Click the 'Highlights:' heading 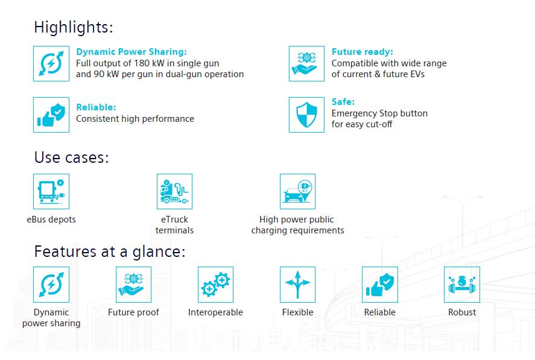click(74, 27)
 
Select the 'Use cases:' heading click(71, 157)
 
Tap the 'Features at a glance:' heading click(110, 252)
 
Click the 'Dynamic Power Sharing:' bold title click(131, 52)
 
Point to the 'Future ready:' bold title click(362, 52)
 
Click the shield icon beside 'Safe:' click(306, 115)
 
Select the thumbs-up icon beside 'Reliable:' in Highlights click(51, 115)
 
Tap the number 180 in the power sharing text click(142, 63)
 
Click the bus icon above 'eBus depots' click(51, 191)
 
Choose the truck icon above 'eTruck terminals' click(174, 191)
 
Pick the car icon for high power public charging click(297, 191)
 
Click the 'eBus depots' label click(51, 219)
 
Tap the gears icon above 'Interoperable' click(216, 285)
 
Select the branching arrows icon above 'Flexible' click(297, 285)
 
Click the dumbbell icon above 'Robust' click(462, 285)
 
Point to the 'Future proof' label click(133, 312)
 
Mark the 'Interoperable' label click(216, 312)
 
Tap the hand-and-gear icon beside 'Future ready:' click(306, 64)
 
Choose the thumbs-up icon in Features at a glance click(380, 285)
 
